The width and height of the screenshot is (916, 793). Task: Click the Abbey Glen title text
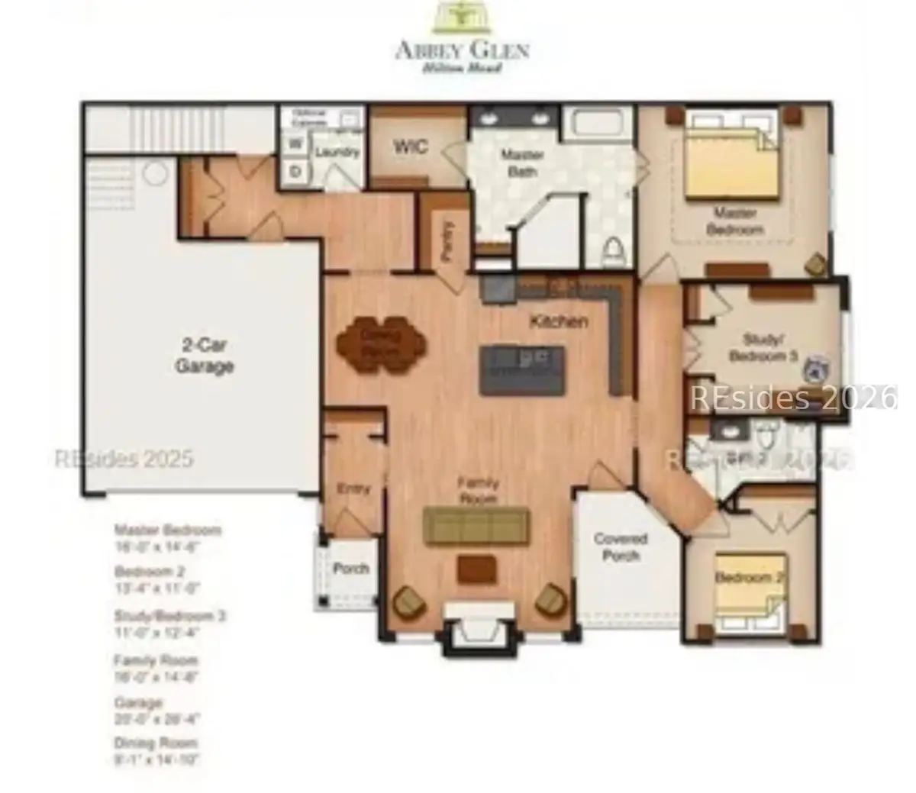462,50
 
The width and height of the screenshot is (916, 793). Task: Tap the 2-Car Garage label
204,356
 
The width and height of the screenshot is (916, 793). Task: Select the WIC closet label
410,147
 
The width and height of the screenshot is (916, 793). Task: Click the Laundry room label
337,152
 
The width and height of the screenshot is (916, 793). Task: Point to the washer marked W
295,143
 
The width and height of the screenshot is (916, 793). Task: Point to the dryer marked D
295,172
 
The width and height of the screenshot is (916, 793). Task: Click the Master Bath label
522,163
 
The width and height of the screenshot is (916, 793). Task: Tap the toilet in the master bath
614,250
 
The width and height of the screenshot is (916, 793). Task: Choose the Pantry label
448,241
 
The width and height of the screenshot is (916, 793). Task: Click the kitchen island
522,370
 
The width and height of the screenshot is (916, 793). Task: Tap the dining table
381,345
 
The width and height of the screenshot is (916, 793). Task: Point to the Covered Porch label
621,546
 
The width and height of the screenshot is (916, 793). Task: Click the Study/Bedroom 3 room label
763,347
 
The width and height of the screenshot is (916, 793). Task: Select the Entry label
353,489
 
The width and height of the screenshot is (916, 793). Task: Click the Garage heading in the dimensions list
138,702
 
